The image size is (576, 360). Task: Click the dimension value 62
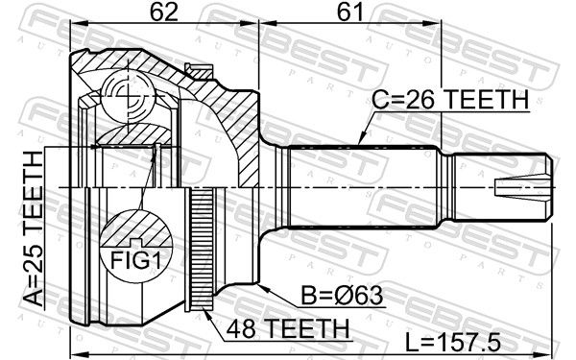click(163, 12)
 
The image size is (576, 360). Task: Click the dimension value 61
click(349, 12)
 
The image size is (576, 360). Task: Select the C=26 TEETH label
click(450, 99)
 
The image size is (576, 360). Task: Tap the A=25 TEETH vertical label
click(34, 228)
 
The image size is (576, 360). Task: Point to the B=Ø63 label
click(343, 296)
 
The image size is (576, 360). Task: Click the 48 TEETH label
click(288, 328)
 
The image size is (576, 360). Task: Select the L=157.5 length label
click(452, 343)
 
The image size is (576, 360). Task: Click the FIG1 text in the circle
click(136, 260)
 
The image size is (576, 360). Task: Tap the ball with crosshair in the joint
click(127, 95)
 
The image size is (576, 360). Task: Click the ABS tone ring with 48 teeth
click(202, 249)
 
